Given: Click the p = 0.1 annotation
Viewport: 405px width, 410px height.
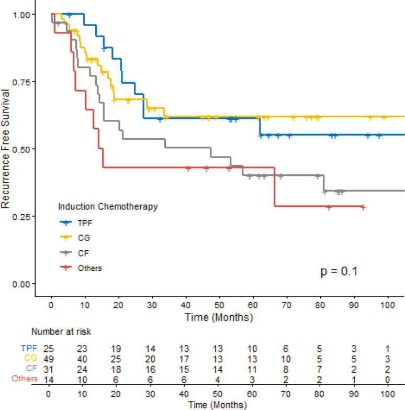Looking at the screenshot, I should pyautogui.click(x=339, y=272).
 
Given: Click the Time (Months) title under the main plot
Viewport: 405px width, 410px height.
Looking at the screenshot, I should pyautogui.click(x=219, y=317).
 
